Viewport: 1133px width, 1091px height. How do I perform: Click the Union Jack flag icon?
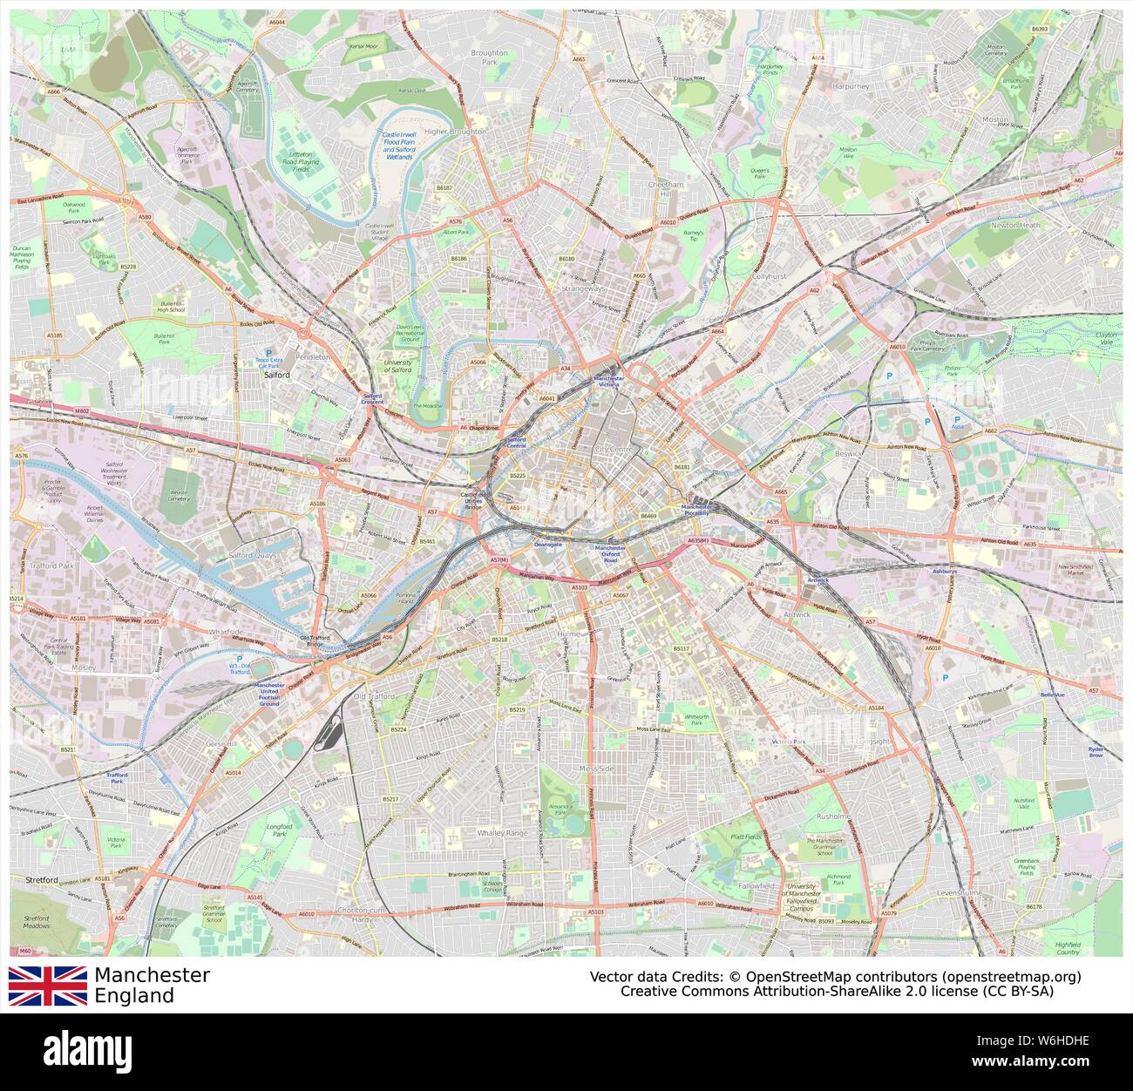click(x=48, y=986)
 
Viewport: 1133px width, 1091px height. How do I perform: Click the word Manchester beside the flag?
click(x=153, y=975)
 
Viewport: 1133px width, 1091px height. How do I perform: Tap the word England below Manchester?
click(x=134, y=996)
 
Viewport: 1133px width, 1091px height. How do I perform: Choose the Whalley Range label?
click(x=503, y=833)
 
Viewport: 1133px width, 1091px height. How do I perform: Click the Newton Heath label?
click(x=1015, y=225)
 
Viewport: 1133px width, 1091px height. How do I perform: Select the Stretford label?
click(x=42, y=880)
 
